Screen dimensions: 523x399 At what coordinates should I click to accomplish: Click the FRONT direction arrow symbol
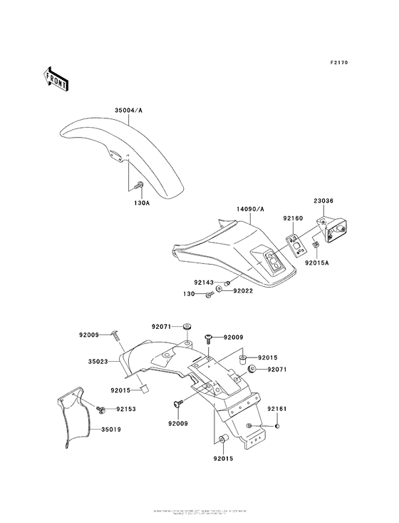[x=56, y=77]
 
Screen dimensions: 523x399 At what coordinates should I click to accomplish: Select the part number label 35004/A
[x=129, y=110]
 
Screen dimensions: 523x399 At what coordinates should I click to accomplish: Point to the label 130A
[x=142, y=203]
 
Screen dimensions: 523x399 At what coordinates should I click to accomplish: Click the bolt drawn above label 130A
[x=139, y=187]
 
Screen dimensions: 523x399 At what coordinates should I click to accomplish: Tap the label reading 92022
[x=242, y=291]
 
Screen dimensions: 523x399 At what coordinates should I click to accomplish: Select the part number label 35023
[x=97, y=362]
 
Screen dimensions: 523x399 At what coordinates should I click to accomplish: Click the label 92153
[x=125, y=410]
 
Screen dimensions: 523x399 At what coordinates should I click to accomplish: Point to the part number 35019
[x=111, y=430]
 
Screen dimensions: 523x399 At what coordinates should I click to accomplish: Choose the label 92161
[x=276, y=409]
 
